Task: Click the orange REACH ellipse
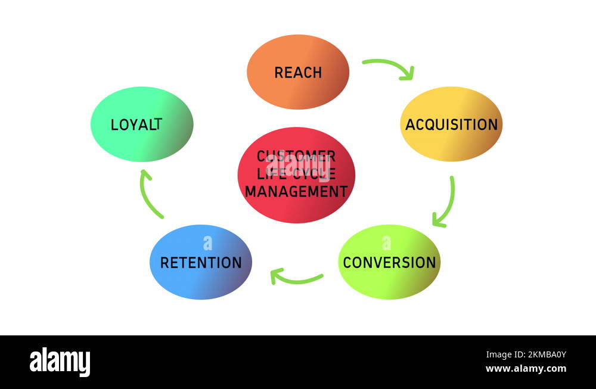click(x=298, y=89)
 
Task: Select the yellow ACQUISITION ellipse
click(x=451, y=143)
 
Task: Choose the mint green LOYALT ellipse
click(x=142, y=143)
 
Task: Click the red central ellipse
click(x=296, y=208)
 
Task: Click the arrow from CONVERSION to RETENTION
click(x=296, y=278)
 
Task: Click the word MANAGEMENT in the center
click(x=296, y=192)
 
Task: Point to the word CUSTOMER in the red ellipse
click(x=296, y=157)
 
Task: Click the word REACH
click(x=298, y=73)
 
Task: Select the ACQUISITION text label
click(x=451, y=125)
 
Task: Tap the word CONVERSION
click(x=389, y=263)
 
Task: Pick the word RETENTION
click(x=201, y=263)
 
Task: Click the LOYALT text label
click(x=136, y=125)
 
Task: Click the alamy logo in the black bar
click(x=60, y=362)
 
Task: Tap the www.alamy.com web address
click(x=526, y=369)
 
